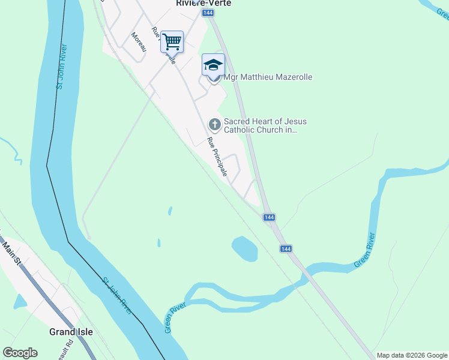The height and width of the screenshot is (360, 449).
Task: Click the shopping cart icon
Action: pyautogui.click(x=172, y=42)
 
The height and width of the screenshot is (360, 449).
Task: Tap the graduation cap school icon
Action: pyautogui.click(x=213, y=65)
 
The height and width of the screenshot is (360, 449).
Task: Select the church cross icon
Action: pyautogui.click(x=214, y=124)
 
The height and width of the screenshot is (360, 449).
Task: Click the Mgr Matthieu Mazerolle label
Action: pyautogui.click(x=268, y=77)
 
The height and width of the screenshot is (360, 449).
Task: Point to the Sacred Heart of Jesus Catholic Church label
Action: pyautogui.click(x=261, y=125)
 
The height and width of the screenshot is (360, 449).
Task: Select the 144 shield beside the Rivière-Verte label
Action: pyautogui.click(x=208, y=13)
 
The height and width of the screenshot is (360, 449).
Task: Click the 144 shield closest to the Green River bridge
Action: pyautogui.click(x=286, y=248)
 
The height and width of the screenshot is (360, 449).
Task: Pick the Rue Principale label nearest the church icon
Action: pyautogui.click(x=217, y=157)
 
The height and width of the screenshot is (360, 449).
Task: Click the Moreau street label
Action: pyautogui.click(x=139, y=42)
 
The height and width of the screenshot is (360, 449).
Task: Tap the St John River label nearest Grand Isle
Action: pyautogui.click(x=117, y=295)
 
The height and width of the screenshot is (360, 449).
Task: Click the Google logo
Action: pyautogui.click(x=20, y=352)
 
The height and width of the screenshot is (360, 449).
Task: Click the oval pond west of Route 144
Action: pyautogui.click(x=244, y=248)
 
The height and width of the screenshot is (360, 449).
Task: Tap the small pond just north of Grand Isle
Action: pyautogui.click(x=20, y=301)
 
